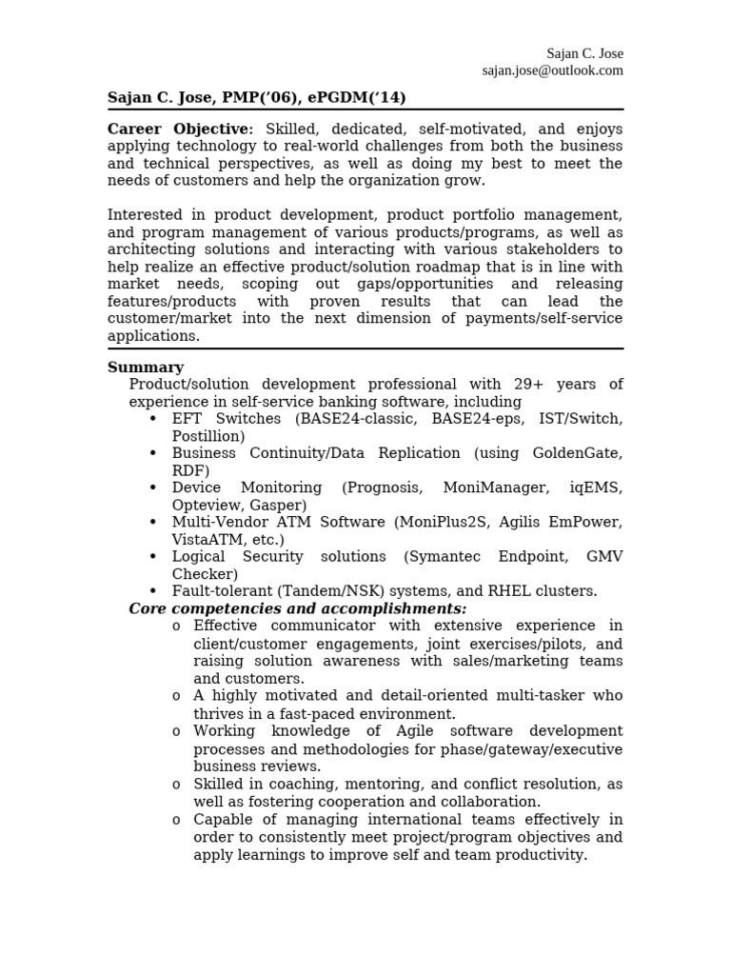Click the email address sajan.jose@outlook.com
pos(552,70)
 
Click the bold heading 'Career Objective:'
pos(180,129)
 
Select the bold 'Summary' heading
pos(146,368)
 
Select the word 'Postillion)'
pos(208,436)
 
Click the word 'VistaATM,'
pos(207,539)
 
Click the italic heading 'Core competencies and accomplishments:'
pos(298,608)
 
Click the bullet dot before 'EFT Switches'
pos(152,419)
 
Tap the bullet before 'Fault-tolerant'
pos(152,591)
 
